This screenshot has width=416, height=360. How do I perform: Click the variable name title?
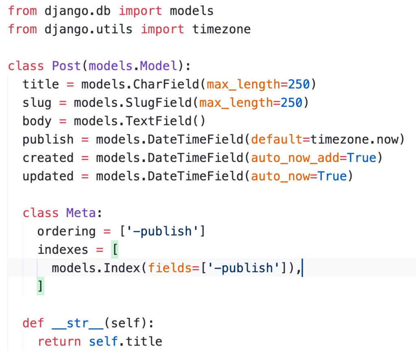click(41, 84)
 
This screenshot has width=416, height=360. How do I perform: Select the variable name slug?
click(37, 103)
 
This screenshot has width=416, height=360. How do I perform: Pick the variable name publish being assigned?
click(48, 140)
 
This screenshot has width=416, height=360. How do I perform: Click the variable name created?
click(48, 158)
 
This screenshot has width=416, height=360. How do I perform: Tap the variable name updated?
click(48, 176)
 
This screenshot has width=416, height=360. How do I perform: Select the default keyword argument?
click(277, 140)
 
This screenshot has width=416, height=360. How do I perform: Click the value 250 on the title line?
click(299, 84)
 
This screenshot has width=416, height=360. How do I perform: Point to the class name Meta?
click(81, 213)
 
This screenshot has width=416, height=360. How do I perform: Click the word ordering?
click(67, 231)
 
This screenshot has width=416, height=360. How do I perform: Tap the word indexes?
click(63, 250)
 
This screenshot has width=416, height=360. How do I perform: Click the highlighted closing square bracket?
click(40, 286)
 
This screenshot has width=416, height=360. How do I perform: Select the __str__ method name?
click(78, 323)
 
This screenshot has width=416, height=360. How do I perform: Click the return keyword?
click(59, 341)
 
